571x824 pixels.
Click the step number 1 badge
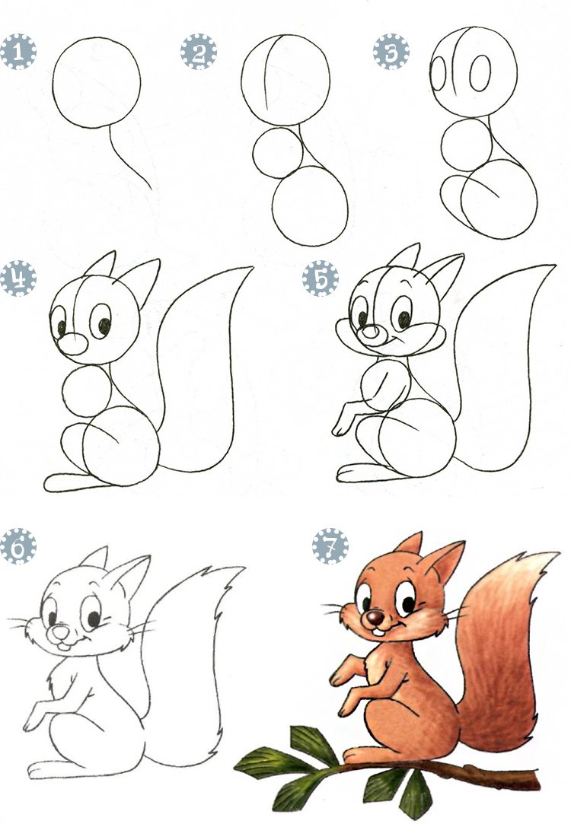point(18,52)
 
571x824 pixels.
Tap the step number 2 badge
point(199,52)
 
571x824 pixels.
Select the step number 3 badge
point(391,52)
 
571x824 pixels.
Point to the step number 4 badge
point(18,278)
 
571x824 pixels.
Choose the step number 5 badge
point(321,278)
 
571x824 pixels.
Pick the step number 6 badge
point(18,546)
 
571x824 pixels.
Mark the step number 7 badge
point(330,546)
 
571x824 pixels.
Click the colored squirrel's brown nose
point(375,618)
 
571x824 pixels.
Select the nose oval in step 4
point(72,344)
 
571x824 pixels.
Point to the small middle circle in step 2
point(278,153)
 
